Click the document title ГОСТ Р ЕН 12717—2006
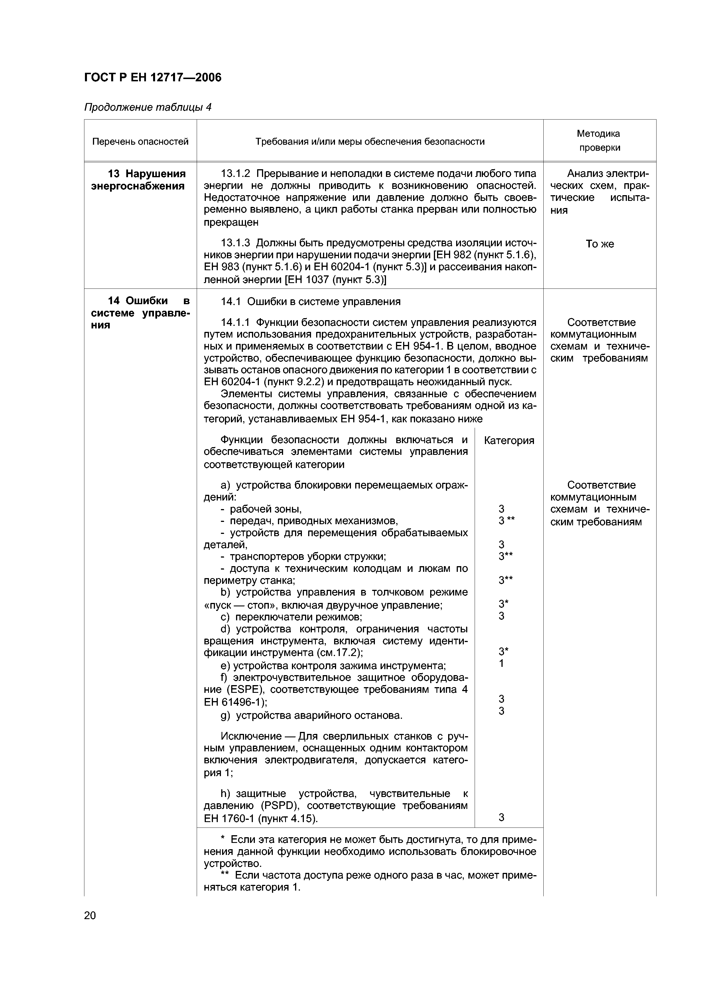pyautogui.click(x=153, y=78)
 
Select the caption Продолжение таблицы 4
pyautogui.click(x=147, y=107)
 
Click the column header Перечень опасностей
pyautogui.click(x=140, y=142)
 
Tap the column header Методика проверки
pyautogui.click(x=599, y=140)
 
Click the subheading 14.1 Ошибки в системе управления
pyautogui.click(x=310, y=302)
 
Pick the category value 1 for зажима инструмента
pyautogui.click(x=502, y=663)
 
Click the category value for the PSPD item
pyautogui.click(x=502, y=818)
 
